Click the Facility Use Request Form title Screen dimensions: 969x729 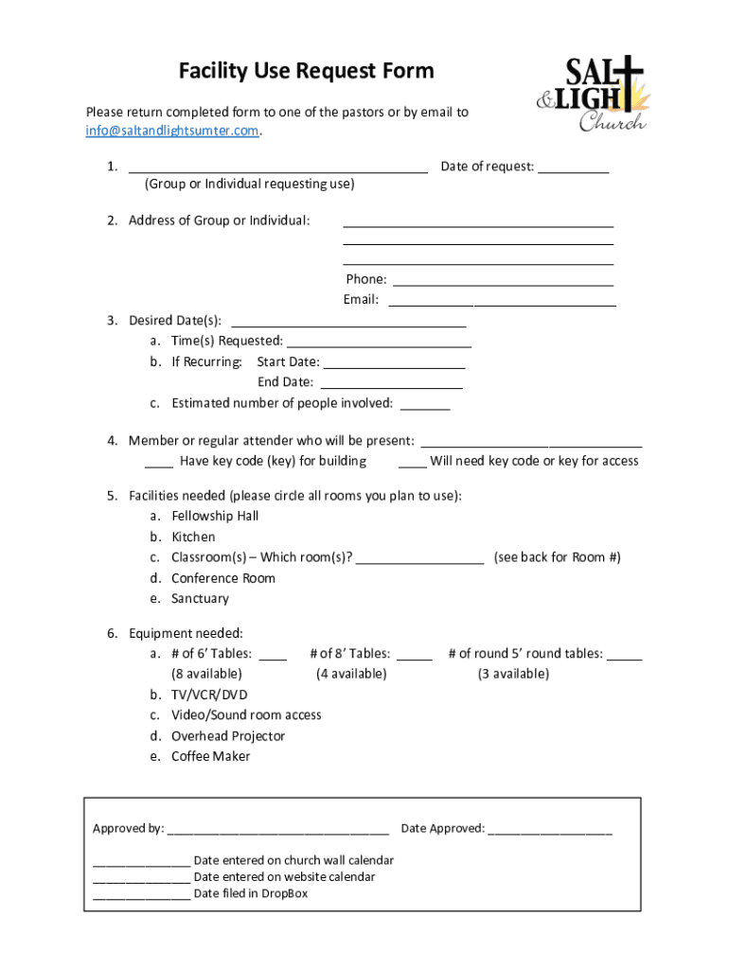[293, 71]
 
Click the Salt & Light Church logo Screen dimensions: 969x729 [591, 93]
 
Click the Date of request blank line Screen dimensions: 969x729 [575, 170]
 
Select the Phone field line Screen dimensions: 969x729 [503, 283]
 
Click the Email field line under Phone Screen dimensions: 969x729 [502, 304]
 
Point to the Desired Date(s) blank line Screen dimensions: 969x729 [348, 324]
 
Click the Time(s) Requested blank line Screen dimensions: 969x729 [378, 344]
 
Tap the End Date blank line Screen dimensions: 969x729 [391, 386]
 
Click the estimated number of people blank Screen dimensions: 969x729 [425, 407]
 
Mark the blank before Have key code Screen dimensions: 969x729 [159, 465]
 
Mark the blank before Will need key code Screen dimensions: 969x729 [412, 465]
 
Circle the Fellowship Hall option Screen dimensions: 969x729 [215, 516]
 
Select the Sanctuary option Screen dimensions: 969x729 [200, 599]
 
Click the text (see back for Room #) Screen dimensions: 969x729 [557, 557]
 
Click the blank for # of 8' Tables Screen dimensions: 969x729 [415, 658]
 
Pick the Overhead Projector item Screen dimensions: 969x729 [228, 736]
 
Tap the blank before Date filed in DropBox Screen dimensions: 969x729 [141, 897]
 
